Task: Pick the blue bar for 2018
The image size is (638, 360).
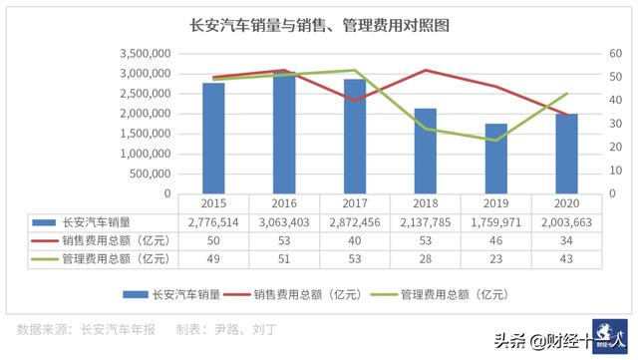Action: point(426,151)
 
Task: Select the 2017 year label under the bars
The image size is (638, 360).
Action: point(355,202)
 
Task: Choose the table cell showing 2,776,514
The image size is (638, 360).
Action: point(213,221)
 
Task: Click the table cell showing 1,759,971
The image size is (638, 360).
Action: point(496,221)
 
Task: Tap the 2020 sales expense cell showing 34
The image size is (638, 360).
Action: point(567,240)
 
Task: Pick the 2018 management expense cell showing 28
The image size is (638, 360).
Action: point(426,259)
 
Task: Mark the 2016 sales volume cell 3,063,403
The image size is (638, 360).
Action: point(284,221)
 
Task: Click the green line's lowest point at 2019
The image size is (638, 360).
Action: point(496,140)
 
